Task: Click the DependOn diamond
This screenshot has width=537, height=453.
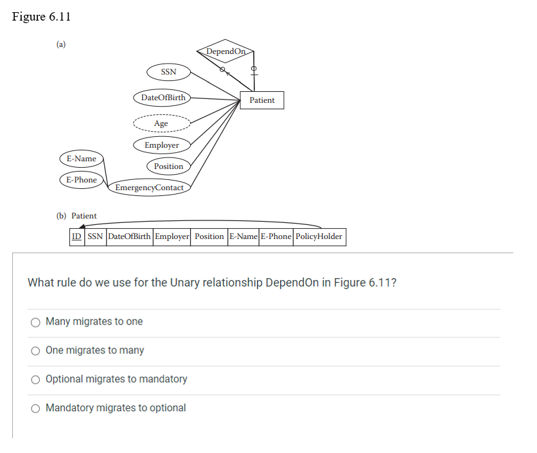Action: [226, 51]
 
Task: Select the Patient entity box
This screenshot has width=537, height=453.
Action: [261, 100]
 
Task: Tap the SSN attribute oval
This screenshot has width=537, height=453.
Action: [168, 72]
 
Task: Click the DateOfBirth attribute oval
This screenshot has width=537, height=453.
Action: [163, 98]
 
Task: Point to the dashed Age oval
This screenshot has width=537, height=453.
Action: [161, 123]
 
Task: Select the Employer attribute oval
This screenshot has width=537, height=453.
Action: [162, 145]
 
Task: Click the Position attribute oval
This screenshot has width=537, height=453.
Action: [168, 166]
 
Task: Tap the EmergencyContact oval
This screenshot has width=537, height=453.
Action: [149, 188]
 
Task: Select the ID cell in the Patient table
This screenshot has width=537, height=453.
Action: [76, 236]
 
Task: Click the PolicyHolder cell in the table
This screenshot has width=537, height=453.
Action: [319, 236]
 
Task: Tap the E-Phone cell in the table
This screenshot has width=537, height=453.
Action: [276, 236]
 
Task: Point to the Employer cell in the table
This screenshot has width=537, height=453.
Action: [172, 236]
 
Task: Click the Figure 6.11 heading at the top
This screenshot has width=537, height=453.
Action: [41, 17]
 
